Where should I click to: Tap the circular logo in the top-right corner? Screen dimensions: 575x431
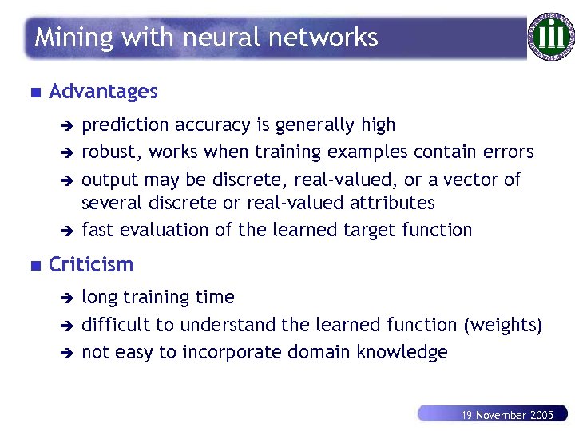[550, 37]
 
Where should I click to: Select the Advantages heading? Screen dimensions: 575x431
[103, 92]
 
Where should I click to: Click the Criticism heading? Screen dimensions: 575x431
[91, 264]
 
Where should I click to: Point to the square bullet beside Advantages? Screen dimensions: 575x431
[33, 93]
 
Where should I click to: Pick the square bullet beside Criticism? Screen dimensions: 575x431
[33, 265]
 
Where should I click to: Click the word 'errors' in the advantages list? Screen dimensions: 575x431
[511, 152]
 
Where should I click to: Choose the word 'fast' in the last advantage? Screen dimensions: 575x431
[97, 230]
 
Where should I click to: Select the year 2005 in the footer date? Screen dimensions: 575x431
[541, 415]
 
